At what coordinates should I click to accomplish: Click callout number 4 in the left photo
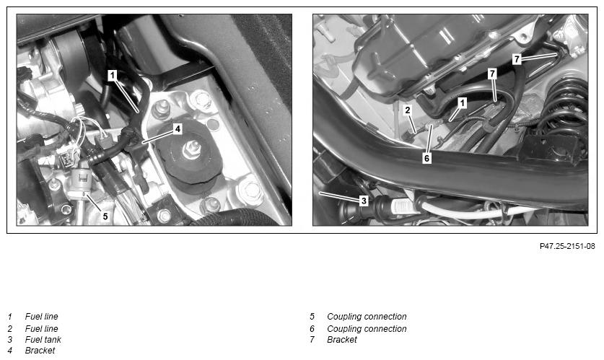point(178,129)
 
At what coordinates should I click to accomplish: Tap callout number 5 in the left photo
point(105,216)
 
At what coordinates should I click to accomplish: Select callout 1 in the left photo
point(112,76)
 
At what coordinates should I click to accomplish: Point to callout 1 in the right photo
point(463,102)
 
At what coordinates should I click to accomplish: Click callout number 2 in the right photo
point(408,110)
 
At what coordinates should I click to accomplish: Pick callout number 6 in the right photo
point(426,158)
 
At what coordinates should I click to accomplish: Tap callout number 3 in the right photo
point(364,201)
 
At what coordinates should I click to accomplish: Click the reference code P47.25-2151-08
point(567,246)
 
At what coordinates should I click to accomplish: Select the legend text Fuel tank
point(43,340)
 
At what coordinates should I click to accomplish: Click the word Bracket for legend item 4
point(40,351)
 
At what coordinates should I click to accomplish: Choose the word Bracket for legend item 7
point(342,340)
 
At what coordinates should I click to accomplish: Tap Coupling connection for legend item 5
point(367,317)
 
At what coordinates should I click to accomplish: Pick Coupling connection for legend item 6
point(367,329)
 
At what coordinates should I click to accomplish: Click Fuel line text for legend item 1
point(42,317)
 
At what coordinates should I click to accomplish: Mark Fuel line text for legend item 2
point(42,329)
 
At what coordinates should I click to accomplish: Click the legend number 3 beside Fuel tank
point(10,340)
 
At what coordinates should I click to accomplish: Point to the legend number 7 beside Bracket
point(312,340)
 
